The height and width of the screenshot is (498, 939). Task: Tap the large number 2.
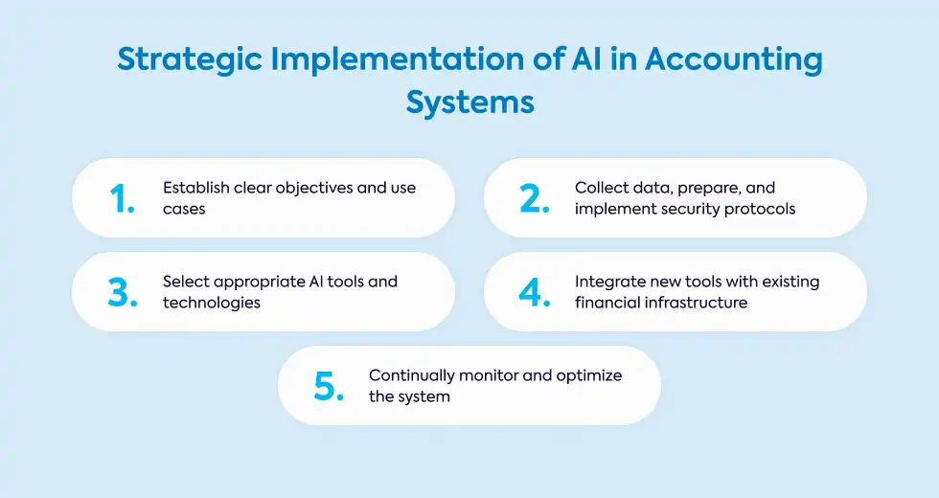(535, 199)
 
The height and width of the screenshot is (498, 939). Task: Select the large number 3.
(123, 293)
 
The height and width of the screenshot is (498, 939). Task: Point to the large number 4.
(535, 293)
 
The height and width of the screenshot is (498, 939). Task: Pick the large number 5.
(329, 387)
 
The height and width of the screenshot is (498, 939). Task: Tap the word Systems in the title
(470, 103)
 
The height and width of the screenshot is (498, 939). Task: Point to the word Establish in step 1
(196, 188)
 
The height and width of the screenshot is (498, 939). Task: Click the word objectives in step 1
(309, 189)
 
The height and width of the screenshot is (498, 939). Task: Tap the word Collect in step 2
(601, 188)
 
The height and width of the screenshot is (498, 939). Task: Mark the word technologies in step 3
(212, 304)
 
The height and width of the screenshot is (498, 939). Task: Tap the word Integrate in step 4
(610, 283)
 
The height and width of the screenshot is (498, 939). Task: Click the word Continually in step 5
(412, 375)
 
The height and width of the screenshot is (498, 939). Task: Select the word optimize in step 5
(589, 376)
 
